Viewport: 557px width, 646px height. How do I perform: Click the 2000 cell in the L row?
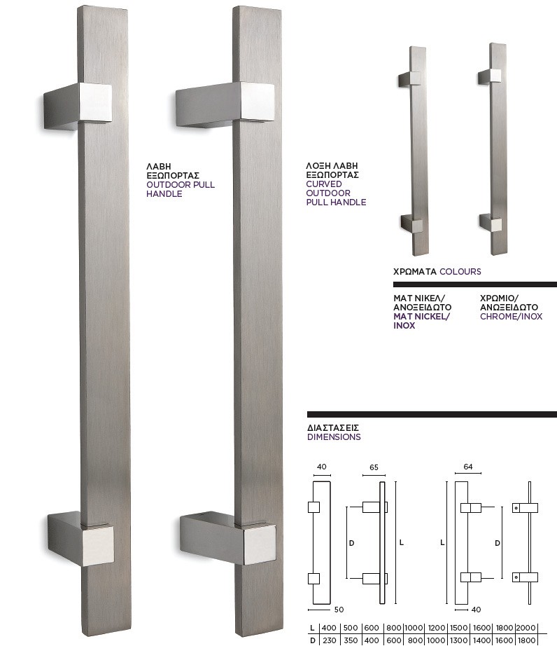(x=526, y=628)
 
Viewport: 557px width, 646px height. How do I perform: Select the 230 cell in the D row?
(x=329, y=640)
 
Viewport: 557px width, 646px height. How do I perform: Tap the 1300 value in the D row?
(x=458, y=640)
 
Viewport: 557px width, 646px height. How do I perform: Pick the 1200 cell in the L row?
(x=436, y=628)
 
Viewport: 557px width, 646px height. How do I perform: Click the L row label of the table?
(x=312, y=628)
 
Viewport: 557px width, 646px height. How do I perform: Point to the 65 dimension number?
(x=374, y=467)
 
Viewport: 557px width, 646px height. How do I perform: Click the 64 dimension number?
(x=467, y=467)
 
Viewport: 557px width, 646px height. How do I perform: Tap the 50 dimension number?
(x=339, y=610)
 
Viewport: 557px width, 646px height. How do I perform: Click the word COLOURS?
(x=460, y=271)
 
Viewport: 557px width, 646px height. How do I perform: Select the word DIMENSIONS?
(x=334, y=437)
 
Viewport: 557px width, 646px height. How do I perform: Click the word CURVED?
(x=324, y=184)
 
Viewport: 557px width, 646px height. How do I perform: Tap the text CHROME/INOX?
(x=511, y=317)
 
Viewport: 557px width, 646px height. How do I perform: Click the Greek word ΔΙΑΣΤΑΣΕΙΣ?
(x=333, y=427)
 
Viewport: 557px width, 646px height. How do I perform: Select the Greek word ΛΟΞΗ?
(x=318, y=165)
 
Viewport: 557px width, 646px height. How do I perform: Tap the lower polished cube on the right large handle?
(x=259, y=544)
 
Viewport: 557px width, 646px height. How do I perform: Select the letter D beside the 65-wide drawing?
(x=351, y=543)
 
